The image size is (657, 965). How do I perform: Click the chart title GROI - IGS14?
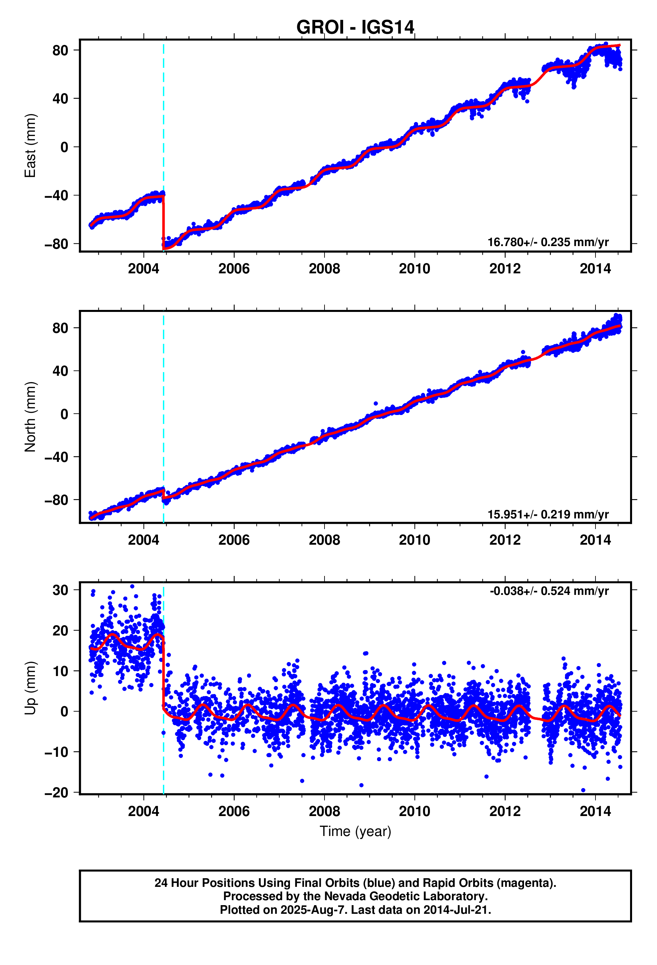coord(355,27)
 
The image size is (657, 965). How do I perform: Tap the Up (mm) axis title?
coord(30,688)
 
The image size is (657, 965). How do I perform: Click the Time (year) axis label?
coord(355,831)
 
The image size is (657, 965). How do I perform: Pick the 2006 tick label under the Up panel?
coord(234,811)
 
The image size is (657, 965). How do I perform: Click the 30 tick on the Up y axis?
coord(60,590)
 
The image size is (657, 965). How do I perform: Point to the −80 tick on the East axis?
coord(56,244)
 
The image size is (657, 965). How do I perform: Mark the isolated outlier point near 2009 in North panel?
coord(375,403)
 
